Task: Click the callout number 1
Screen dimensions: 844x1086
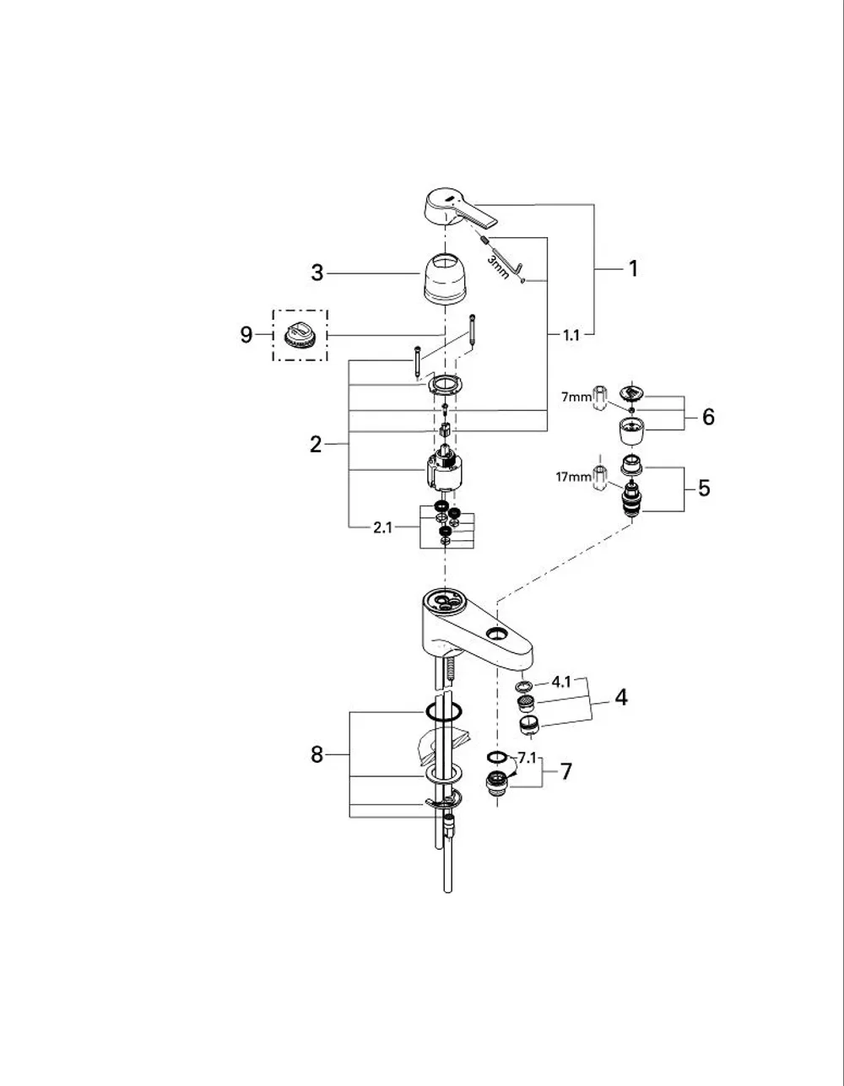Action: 633,269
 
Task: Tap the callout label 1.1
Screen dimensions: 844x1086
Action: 571,335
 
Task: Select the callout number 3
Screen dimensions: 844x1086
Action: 317,273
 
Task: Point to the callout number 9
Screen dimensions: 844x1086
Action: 246,335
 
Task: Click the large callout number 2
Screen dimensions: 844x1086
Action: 316,445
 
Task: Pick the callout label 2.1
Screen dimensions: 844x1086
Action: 383,527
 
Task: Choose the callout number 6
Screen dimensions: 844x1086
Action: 708,417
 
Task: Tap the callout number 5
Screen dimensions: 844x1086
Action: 704,488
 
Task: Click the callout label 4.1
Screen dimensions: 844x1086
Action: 561,682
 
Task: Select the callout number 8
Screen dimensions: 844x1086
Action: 316,754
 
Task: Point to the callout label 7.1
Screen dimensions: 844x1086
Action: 527,758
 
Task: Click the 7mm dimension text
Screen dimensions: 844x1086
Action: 576,397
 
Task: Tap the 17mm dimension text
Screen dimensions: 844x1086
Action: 573,477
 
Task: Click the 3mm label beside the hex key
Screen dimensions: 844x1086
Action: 498,267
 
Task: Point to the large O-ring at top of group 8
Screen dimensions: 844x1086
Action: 444,711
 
